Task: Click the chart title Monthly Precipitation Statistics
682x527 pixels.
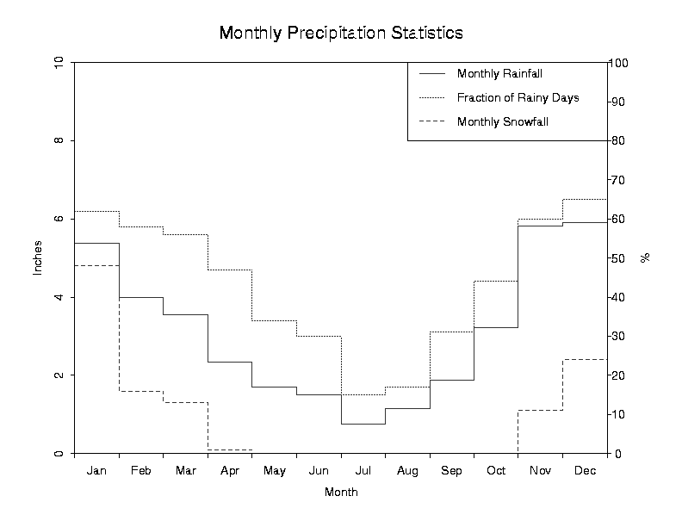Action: [x=341, y=33]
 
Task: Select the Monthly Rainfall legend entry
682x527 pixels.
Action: [x=499, y=73]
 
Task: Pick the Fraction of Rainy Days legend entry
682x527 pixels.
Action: [x=518, y=97]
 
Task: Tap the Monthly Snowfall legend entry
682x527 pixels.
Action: [x=503, y=121]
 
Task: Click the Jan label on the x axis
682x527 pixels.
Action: [x=96, y=471]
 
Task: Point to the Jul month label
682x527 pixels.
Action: [x=363, y=471]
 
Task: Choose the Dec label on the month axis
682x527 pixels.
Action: [x=585, y=471]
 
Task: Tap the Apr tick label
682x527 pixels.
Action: [x=230, y=471]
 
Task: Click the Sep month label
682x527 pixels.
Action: [x=451, y=471]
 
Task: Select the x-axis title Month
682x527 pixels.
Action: [x=341, y=493]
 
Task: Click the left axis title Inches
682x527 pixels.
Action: [x=37, y=258]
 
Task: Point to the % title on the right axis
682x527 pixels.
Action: [x=644, y=257]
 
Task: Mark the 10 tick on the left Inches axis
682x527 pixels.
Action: [x=59, y=63]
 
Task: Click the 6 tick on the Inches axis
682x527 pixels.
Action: [x=59, y=219]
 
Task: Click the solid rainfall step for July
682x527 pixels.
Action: [x=363, y=424]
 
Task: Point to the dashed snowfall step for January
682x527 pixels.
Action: [x=96, y=265]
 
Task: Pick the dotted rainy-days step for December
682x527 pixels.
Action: [x=585, y=199]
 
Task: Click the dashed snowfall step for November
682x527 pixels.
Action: [x=540, y=410]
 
